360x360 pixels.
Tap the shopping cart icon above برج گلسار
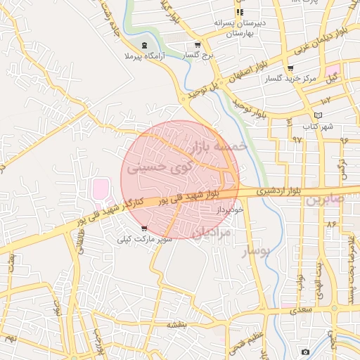205,43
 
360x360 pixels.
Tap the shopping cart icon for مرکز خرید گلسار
290,68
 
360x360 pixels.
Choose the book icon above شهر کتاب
319,115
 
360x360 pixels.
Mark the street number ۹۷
296,139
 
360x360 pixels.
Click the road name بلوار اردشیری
262,191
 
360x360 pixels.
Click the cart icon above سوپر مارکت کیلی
144,228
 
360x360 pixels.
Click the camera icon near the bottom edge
305,352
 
